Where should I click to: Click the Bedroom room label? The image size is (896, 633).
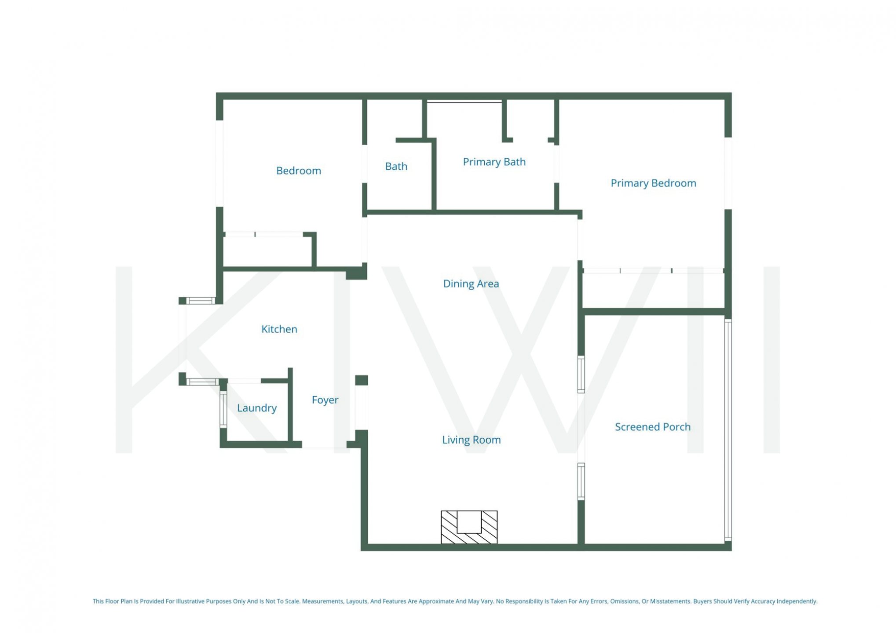point(298,171)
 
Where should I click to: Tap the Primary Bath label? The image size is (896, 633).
point(494,162)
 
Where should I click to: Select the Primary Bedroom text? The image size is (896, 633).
point(653,183)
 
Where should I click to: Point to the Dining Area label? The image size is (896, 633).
point(471,284)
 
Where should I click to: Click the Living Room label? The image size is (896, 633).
point(471,440)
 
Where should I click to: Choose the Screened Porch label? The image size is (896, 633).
point(652,426)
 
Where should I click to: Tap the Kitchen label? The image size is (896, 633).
point(279,329)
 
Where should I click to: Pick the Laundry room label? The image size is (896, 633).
point(257,408)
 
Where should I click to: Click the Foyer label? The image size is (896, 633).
point(325,400)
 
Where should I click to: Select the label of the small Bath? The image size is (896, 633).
point(396,166)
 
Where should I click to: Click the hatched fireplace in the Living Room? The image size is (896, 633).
point(469,527)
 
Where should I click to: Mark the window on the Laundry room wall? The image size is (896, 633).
point(223,409)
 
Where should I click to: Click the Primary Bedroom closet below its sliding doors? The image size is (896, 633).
point(653,290)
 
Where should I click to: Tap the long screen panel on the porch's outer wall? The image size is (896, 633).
point(728,430)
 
